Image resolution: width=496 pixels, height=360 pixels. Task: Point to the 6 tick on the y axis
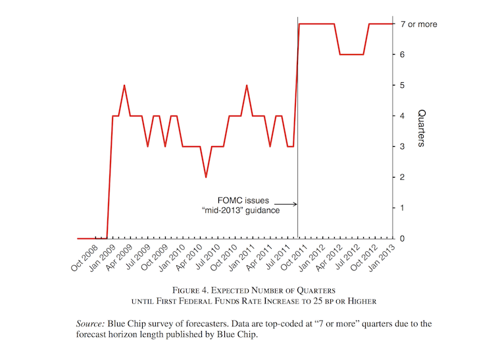tap(402, 55)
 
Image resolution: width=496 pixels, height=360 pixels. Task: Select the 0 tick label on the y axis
tap(402, 238)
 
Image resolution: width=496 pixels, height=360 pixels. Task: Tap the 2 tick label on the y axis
tap(402, 177)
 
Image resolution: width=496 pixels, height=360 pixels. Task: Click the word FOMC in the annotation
tap(230, 200)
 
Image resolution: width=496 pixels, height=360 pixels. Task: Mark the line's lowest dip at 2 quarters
tap(206, 176)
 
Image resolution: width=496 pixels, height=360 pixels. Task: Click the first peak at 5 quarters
tap(124, 86)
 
